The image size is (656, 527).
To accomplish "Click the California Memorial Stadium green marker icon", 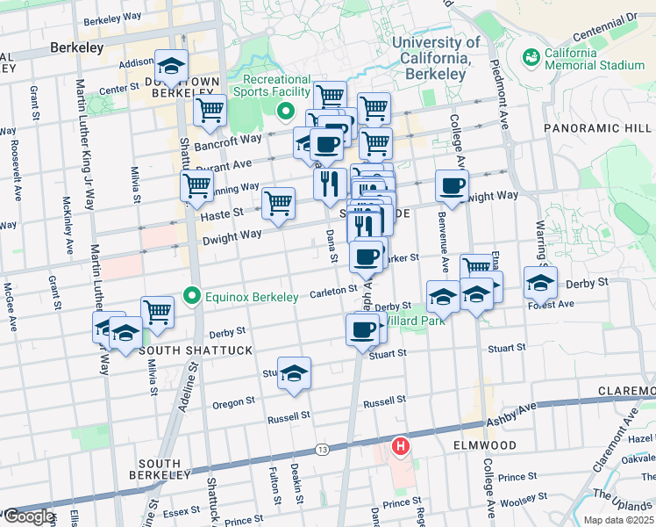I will [x=530, y=58].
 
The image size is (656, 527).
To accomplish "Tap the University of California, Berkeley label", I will [x=436, y=58].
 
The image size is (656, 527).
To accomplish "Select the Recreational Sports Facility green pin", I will [x=284, y=112].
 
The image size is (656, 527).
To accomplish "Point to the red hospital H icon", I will [x=401, y=447].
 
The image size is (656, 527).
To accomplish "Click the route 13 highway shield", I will [x=323, y=449].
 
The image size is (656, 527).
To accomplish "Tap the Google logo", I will [x=28, y=516].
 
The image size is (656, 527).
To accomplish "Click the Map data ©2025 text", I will [x=618, y=520].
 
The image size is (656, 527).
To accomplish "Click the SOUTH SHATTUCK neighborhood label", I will [x=183, y=350].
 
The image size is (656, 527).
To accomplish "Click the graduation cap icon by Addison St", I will [x=171, y=66].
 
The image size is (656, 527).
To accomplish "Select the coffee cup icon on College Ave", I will [x=453, y=185].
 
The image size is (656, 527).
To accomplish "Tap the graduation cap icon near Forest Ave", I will [x=540, y=282].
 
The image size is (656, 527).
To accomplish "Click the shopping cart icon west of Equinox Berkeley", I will [x=158, y=310].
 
